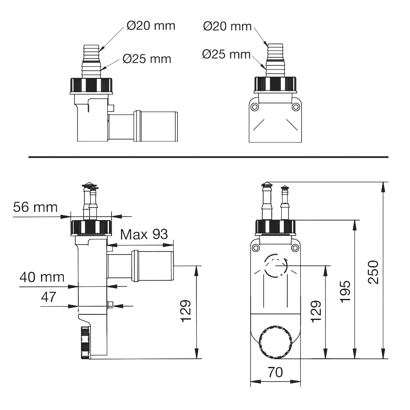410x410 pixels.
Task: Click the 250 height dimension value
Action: (373, 272)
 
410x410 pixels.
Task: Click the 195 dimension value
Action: (345, 292)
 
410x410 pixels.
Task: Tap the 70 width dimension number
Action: (275, 373)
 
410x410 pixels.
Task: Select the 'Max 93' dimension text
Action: (144, 234)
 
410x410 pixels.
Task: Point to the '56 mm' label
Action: (35, 207)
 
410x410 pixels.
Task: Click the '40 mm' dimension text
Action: (42, 277)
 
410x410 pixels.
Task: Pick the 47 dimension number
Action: (49, 297)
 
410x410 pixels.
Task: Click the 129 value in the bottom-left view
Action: (186, 311)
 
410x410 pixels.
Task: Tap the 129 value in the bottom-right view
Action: (316, 311)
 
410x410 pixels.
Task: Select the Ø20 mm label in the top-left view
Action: (151, 26)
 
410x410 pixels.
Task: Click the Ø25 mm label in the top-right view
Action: (227, 54)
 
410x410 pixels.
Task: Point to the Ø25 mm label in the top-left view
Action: (147, 59)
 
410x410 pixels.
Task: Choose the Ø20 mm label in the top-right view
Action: (227, 26)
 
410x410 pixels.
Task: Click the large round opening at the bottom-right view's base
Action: (275, 342)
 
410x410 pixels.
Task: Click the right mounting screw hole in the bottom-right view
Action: (295, 248)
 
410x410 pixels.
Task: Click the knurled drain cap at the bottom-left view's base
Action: (86, 342)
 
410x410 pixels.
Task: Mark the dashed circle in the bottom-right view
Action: (276, 265)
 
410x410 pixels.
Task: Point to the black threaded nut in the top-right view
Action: (275, 85)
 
